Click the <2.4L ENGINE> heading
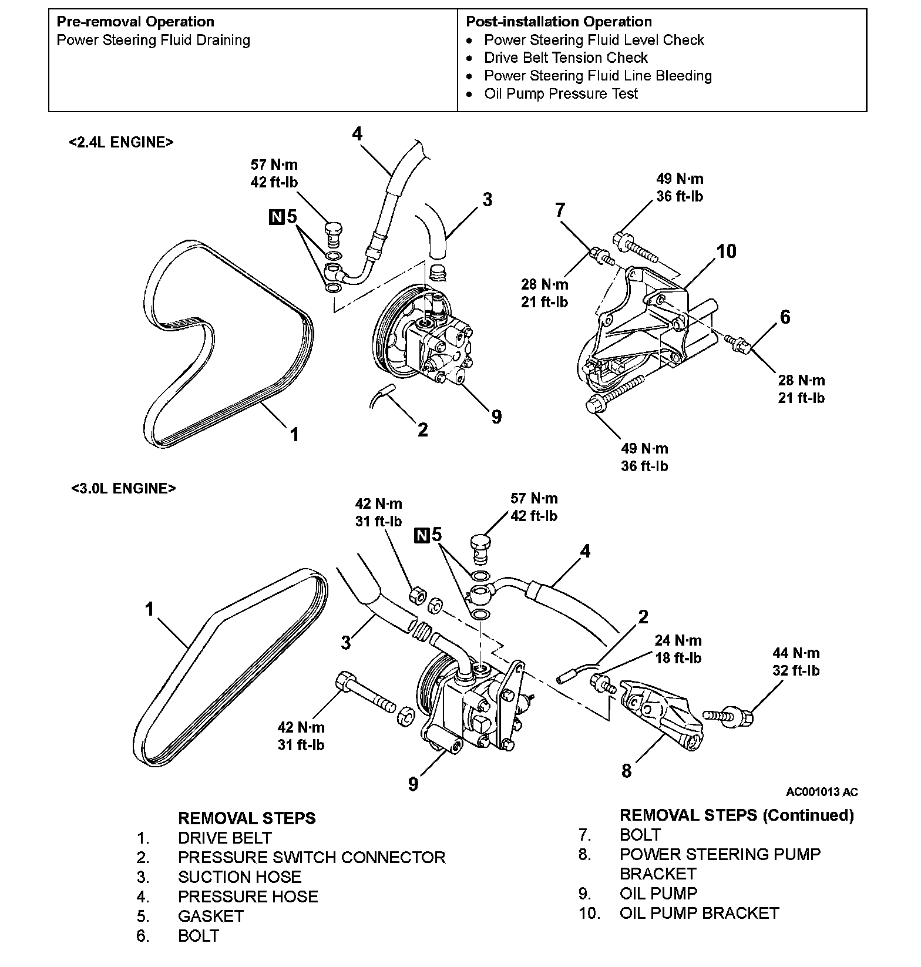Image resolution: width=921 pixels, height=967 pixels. (x=121, y=142)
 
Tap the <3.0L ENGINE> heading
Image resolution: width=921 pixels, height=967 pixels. (x=123, y=489)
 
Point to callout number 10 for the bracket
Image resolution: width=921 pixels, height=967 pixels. (x=726, y=251)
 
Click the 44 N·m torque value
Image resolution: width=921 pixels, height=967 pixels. (x=796, y=653)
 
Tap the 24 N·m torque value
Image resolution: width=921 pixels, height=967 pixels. (x=678, y=640)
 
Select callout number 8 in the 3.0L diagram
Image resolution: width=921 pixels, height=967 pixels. (x=626, y=771)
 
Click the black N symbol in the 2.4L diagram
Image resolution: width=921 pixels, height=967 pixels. (x=275, y=217)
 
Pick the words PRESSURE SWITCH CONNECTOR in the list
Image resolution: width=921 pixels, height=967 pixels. (x=311, y=857)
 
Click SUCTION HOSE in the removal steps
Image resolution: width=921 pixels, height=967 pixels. (x=240, y=877)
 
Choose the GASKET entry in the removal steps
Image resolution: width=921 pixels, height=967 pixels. (x=210, y=916)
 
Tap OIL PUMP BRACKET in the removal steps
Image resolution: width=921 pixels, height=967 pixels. (x=699, y=913)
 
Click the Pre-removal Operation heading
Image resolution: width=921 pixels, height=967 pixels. (x=135, y=22)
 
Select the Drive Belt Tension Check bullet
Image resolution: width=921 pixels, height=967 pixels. (x=566, y=58)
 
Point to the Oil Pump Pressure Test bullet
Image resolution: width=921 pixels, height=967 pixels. (x=561, y=93)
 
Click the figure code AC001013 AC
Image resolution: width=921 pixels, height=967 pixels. (x=822, y=792)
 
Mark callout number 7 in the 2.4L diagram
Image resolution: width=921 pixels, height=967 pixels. (x=560, y=210)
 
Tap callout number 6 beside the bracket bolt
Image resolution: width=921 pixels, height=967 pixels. (x=785, y=317)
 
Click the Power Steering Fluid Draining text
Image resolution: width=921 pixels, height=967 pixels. (x=153, y=40)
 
